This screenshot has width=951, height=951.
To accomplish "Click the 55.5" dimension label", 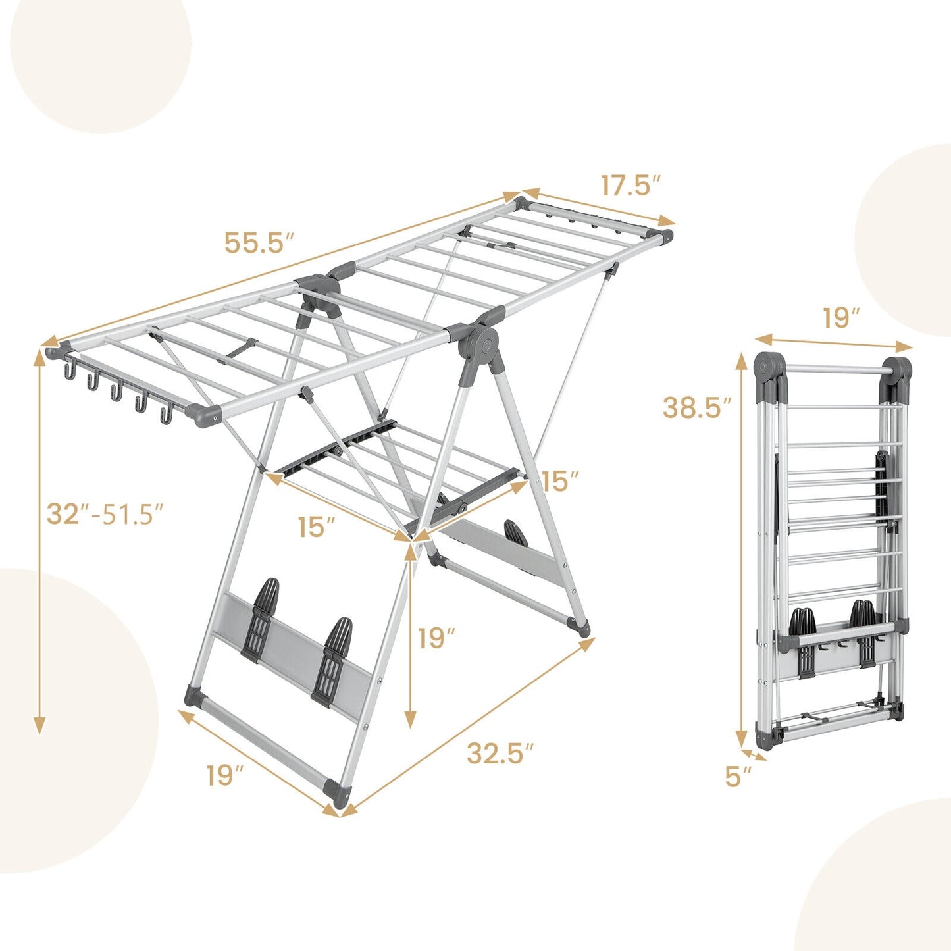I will [x=258, y=242].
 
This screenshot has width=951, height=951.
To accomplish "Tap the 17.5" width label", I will [x=630, y=186].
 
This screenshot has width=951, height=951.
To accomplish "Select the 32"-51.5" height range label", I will [x=105, y=513].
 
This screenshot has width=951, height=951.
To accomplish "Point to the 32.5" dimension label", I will [x=500, y=753].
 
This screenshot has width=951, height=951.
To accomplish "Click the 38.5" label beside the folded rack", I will [x=697, y=408].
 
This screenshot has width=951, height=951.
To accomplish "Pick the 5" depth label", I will [x=738, y=777].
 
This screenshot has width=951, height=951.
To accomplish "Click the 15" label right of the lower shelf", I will [x=561, y=481].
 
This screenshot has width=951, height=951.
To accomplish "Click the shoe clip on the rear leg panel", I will [x=515, y=534].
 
